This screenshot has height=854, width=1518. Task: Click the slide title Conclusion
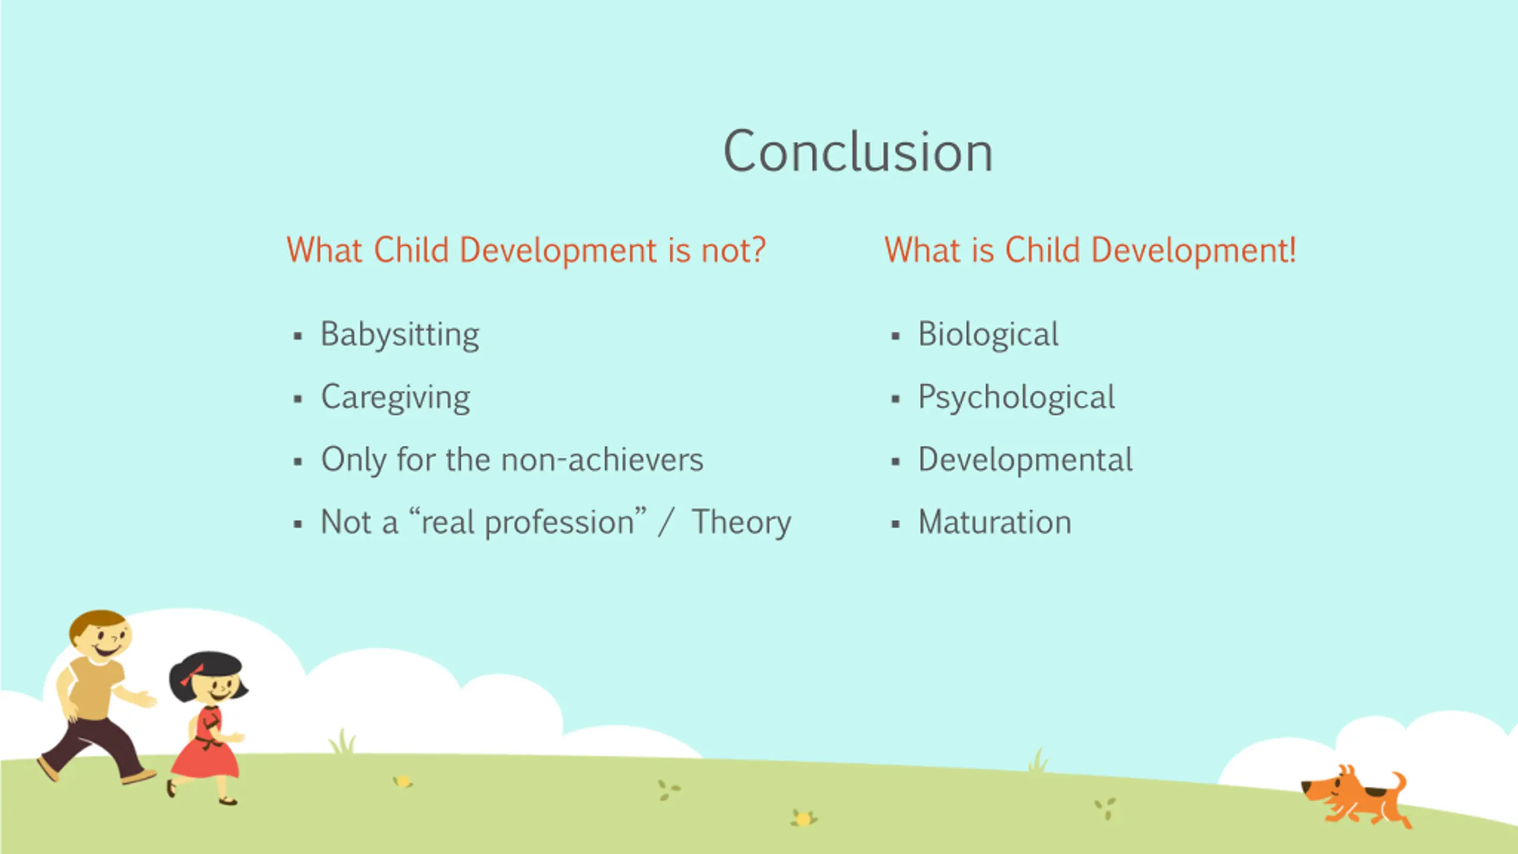[x=858, y=152]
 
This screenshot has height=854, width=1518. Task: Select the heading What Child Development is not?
[x=526, y=250]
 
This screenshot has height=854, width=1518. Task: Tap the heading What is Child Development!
[x=1090, y=250]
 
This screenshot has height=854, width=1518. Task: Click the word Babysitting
[x=400, y=335]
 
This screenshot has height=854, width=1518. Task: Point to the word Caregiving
[x=396, y=398]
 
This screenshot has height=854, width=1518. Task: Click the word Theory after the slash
[x=741, y=523]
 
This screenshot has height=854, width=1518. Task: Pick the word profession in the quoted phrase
[x=560, y=523]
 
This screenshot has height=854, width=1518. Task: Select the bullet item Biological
[x=988, y=335]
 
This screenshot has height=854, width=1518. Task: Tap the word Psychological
[x=1017, y=398]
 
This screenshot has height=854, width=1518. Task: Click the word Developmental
[x=1026, y=460]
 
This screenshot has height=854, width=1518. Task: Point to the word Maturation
[x=995, y=522]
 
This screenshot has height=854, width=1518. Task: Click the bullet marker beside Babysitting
[x=298, y=337]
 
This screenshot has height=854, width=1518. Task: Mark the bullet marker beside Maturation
[x=895, y=524]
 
